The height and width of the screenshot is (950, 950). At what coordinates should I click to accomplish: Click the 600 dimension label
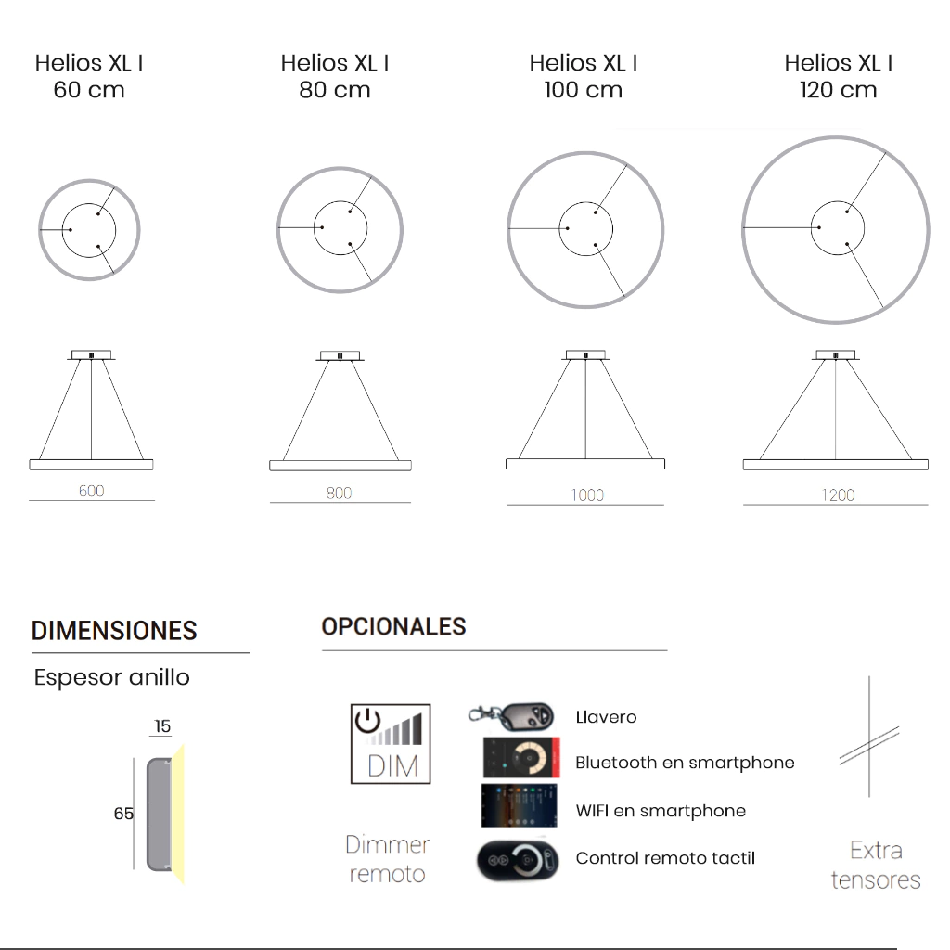click(x=92, y=491)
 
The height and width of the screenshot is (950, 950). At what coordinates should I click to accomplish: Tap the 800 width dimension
click(x=339, y=494)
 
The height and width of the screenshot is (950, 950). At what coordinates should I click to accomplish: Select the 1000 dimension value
click(x=587, y=495)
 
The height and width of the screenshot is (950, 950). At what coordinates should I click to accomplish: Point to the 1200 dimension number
click(x=838, y=495)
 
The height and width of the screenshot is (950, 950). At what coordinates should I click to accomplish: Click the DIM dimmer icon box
click(x=391, y=744)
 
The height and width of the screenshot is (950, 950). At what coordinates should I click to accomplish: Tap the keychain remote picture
click(x=512, y=717)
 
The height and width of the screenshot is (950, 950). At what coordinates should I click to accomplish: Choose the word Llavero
click(x=606, y=717)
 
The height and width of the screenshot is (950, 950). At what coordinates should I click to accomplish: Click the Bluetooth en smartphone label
click(x=685, y=763)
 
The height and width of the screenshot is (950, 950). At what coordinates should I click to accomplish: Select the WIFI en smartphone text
click(x=661, y=811)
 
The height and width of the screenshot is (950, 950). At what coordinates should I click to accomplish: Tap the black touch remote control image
click(x=518, y=860)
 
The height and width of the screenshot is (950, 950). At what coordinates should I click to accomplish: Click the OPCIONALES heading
click(x=393, y=626)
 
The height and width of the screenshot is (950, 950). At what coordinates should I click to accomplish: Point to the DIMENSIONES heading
click(x=114, y=631)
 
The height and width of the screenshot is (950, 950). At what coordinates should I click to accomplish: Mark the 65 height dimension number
click(x=123, y=814)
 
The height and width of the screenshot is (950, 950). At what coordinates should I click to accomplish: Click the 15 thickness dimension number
click(x=162, y=726)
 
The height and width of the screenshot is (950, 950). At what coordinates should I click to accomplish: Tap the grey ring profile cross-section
click(x=159, y=815)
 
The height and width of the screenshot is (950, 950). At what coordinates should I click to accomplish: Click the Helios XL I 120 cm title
click(x=839, y=76)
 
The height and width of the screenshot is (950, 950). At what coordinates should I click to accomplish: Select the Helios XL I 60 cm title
click(x=89, y=76)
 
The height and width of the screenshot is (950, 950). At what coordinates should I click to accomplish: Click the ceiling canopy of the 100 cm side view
click(x=586, y=355)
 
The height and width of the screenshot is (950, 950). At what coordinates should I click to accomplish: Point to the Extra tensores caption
click(x=876, y=866)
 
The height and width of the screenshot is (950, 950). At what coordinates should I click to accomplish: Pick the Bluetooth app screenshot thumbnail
click(x=521, y=757)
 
